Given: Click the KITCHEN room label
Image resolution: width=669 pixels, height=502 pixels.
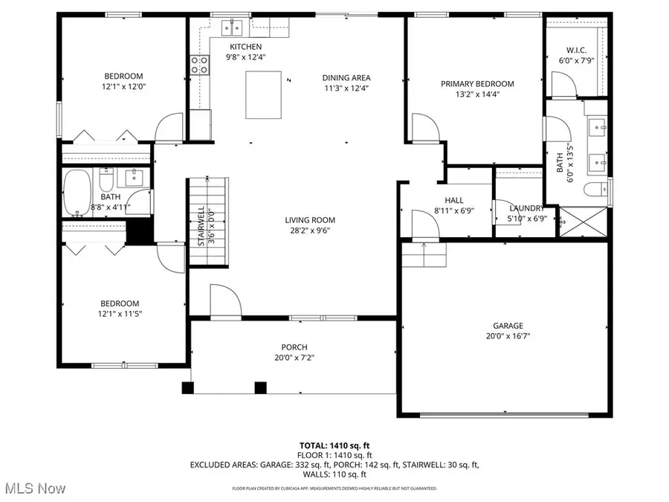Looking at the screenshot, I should (245, 47).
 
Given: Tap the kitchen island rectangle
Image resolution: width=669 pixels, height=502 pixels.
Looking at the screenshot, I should (263, 94).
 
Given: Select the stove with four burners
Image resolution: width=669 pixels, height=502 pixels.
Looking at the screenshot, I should (199, 65).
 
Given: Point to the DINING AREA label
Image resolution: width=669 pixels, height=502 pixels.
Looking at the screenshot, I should (346, 78).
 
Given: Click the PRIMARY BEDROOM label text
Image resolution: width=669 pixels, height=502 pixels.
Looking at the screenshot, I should (477, 84).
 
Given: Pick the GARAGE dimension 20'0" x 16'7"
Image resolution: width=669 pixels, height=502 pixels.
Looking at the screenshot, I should (508, 335).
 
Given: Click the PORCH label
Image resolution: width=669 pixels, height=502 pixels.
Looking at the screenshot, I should (294, 347).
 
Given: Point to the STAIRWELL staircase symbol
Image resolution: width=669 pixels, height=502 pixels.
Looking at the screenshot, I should (197, 222).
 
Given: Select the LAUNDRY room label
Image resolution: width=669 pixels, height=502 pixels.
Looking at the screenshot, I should (525, 208).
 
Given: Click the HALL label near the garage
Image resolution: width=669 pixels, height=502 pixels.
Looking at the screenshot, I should (453, 200).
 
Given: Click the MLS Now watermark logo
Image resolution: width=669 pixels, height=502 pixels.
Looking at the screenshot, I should (33, 489).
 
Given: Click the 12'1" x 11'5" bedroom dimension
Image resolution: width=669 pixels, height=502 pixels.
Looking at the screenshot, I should (120, 314).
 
